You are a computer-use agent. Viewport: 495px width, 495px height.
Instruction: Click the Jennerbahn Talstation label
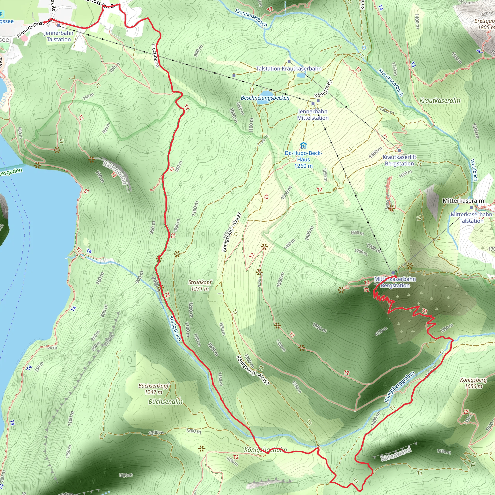(x=59, y=36)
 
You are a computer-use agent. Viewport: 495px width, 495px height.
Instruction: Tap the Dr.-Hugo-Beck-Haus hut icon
(x=303, y=146)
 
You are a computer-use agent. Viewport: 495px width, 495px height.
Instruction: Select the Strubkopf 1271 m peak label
(x=200, y=285)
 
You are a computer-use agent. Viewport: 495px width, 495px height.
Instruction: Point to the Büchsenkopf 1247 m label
(x=153, y=389)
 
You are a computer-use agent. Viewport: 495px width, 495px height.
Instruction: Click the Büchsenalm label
(x=166, y=402)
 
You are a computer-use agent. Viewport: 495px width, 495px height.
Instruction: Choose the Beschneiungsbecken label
(x=265, y=98)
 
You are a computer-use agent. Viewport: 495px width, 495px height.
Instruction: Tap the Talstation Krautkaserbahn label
(x=289, y=69)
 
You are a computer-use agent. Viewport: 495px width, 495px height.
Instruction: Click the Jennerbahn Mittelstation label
(x=313, y=115)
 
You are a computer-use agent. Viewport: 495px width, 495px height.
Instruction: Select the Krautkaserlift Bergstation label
(x=399, y=160)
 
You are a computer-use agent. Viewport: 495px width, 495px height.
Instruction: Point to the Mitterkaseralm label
(x=463, y=201)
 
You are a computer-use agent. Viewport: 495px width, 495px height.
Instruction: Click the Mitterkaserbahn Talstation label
(x=471, y=218)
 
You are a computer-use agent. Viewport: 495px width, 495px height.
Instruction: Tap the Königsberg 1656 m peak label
(x=473, y=383)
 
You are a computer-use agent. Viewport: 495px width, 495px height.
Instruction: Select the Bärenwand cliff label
(x=396, y=454)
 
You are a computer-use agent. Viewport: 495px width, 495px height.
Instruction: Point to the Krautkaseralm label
(x=440, y=101)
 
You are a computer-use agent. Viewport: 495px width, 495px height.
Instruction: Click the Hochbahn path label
(x=155, y=56)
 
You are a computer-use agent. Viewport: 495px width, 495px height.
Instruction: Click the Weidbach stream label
(x=474, y=170)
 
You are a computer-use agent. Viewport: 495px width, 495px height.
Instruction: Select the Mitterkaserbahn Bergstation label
(x=395, y=282)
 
